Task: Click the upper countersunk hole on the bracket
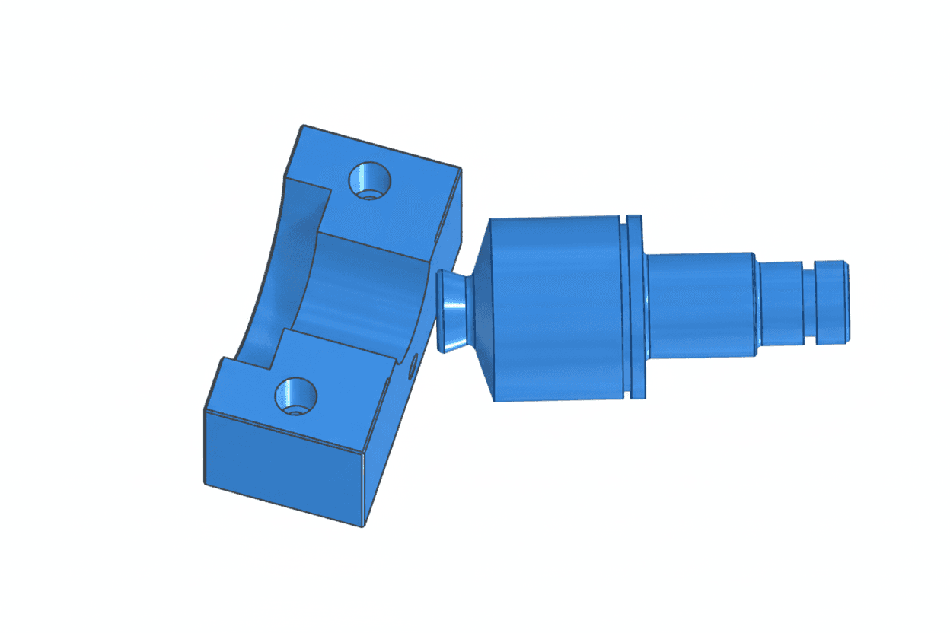[x=369, y=180]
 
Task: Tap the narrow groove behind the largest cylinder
[x=625, y=308]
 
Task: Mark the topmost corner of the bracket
[x=303, y=126]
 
